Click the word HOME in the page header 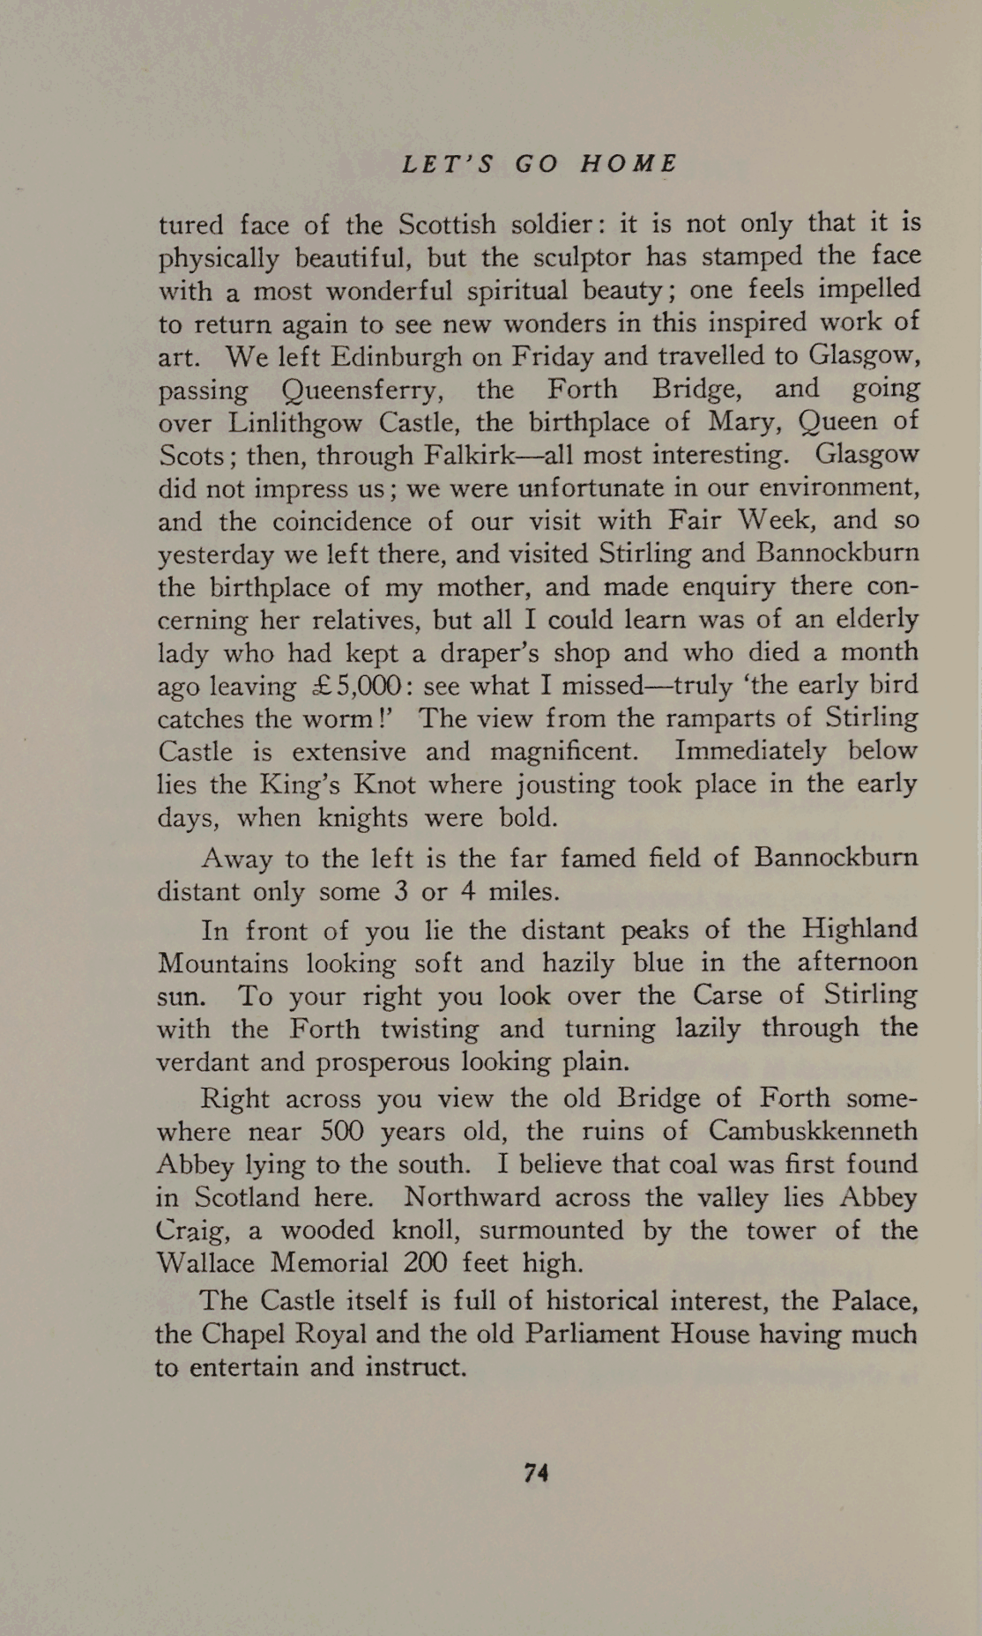click(629, 164)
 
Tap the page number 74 click(537, 1472)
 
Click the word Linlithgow click(294, 423)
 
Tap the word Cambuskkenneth click(813, 1131)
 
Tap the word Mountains click(222, 963)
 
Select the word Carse click(727, 995)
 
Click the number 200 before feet click(426, 1263)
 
